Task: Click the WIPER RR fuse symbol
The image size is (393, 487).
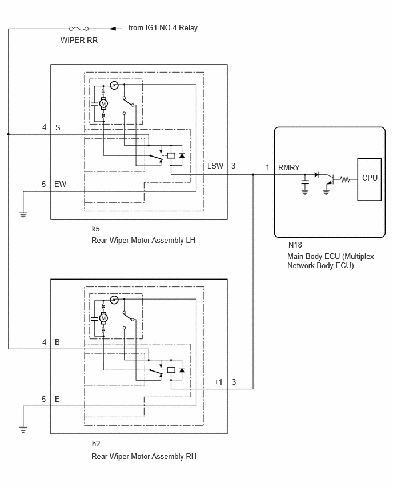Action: tap(79, 29)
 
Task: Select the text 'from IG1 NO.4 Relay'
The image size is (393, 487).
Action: tap(163, 27)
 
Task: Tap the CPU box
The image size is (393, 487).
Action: tap(370, 179)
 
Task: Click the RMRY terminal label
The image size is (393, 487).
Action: tap(288, 167)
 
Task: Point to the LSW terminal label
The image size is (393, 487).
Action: tap(215, 166)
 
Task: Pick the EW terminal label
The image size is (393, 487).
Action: tap(60, 184)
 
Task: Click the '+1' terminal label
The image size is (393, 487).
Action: tap(219, 382)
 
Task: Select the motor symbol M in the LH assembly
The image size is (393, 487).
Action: tap(103, 103)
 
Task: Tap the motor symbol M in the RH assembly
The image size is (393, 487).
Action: tap(103, 318)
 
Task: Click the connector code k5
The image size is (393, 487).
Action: tap(95, 229)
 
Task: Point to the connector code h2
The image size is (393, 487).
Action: tap(96, 444)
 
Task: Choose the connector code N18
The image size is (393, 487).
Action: tap(295, 245)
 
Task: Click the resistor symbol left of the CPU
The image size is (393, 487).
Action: tap(345, 179)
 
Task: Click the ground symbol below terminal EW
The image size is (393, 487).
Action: tap(23, 214)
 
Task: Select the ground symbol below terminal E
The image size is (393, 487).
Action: tap(23, 429)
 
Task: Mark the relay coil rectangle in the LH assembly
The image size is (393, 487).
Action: tap(171, 155)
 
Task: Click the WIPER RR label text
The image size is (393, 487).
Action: tap(79, 40)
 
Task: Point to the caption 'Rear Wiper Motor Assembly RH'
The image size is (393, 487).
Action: tap(144, 456)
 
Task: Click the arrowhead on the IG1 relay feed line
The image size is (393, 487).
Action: tap(114, 29)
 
